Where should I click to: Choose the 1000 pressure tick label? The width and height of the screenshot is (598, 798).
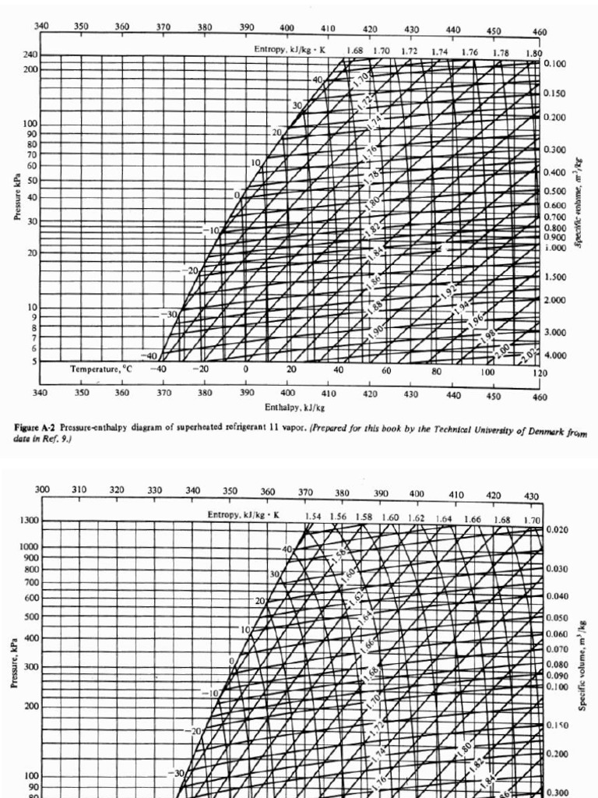click(28, 546)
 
